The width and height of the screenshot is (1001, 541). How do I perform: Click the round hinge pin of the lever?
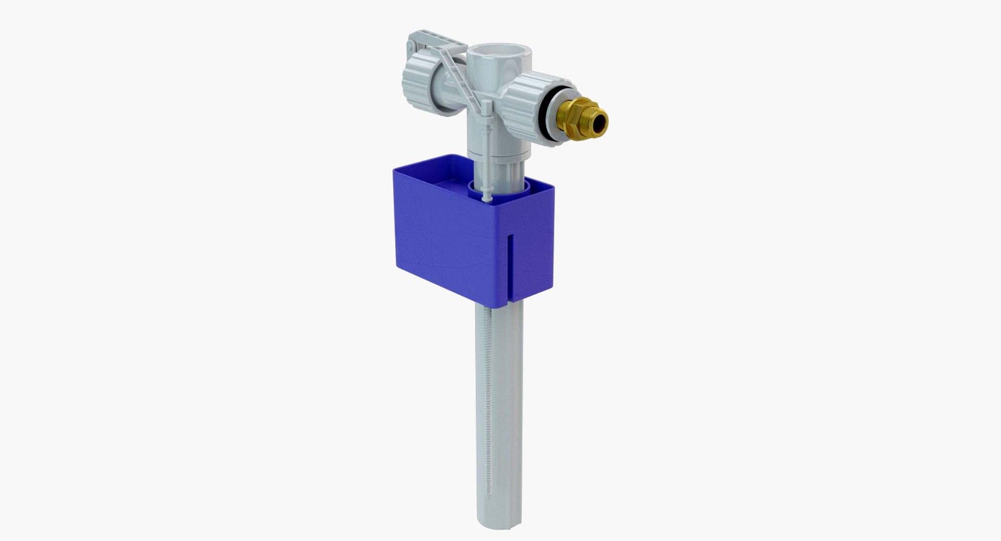pyautogui.click(x=411, y=46)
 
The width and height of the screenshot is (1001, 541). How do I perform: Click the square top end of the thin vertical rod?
pyautogui.click(x=487, y=106)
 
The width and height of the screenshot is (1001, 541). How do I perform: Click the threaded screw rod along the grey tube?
pyautogui.click(x=487, y=396)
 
